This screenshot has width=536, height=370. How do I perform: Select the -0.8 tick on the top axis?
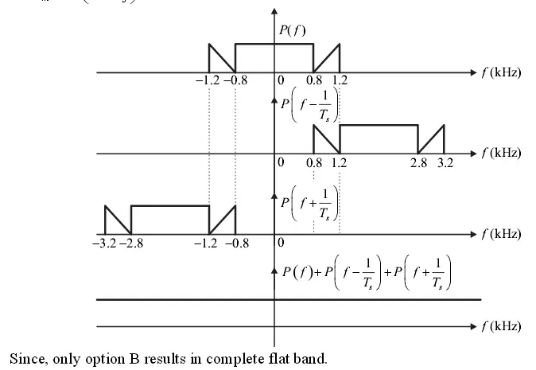pyautogui.click(x=235, y=81)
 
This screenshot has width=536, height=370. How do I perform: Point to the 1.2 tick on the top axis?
pyautogui.click(x=340, y=81)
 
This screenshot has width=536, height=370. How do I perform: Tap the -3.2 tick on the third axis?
pyautogui.click(x=104, y=243)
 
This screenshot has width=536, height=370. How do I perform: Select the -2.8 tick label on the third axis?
pyautogui.click(x=132, y=243)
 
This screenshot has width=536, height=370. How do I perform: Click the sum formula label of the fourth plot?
pyautogui.click(x=368, y=273)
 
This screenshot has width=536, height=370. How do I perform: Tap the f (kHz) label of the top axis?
pyautogui.click(x=501, y=72)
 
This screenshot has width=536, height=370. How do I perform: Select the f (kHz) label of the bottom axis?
pyautogui.click(x=501, y=326)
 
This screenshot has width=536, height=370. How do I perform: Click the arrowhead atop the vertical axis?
pyautogui.click(x=274, y=12)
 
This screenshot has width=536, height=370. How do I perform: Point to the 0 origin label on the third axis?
pyautogui.click(x=281, y=243)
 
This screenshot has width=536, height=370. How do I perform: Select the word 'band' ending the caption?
pyautogui.click(x=310, y=359)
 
